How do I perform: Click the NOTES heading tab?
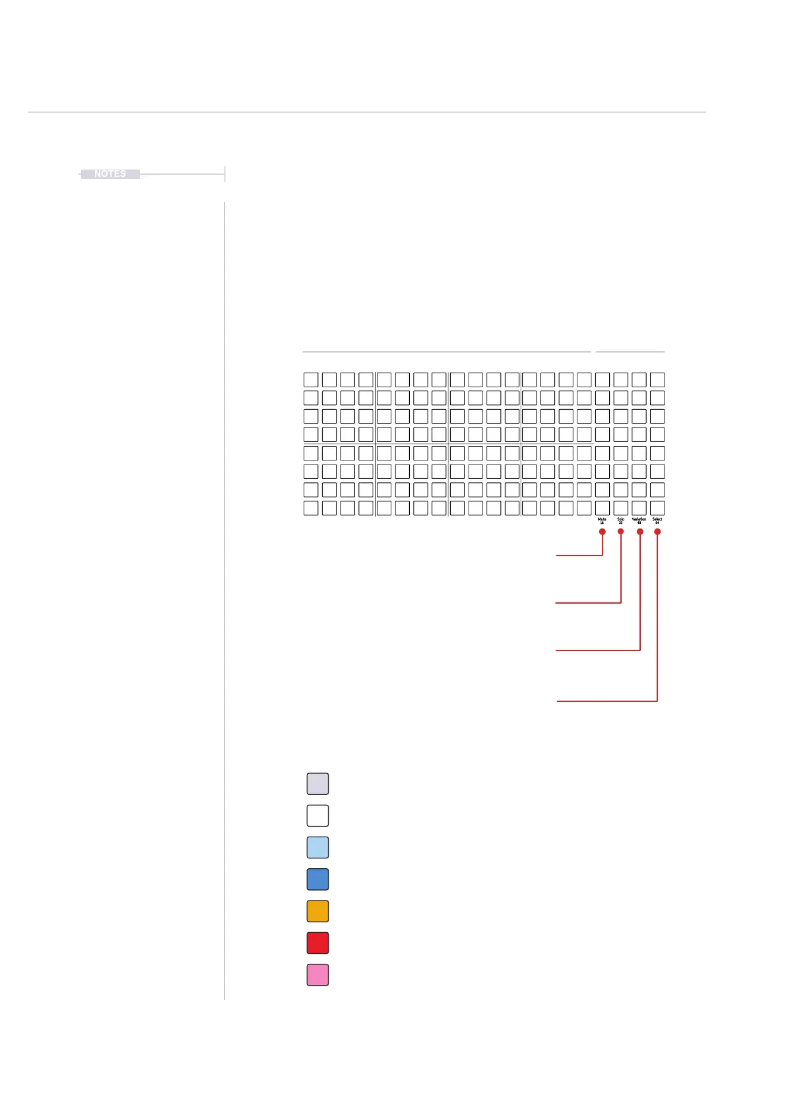tap(110, 174)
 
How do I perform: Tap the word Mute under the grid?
tap(602, 519)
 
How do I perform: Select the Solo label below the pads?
tap(620, 519)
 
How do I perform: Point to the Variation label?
tap(639, 519)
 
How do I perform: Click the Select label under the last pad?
tap(657, 519)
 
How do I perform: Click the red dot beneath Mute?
tap(603, 532)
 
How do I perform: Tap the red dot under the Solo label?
tap(620, 532)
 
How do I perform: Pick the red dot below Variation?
tap(639, 532)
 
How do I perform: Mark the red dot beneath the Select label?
tap(657, 532)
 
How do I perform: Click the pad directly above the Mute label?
tap(603, 508)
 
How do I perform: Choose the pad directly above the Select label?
tap(657, 508)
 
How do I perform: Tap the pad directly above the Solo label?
tap(620, 508)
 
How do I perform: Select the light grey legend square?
tap(317, 784)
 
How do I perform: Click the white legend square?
tap(317, 815)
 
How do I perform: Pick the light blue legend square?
tap(317, 847)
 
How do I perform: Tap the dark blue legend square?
tap(317, 879)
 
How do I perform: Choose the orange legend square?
tap(317, 911)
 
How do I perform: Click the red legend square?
tap(317, 943)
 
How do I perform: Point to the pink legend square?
tap(317, 974)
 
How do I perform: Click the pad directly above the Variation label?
tap(639, 508)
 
